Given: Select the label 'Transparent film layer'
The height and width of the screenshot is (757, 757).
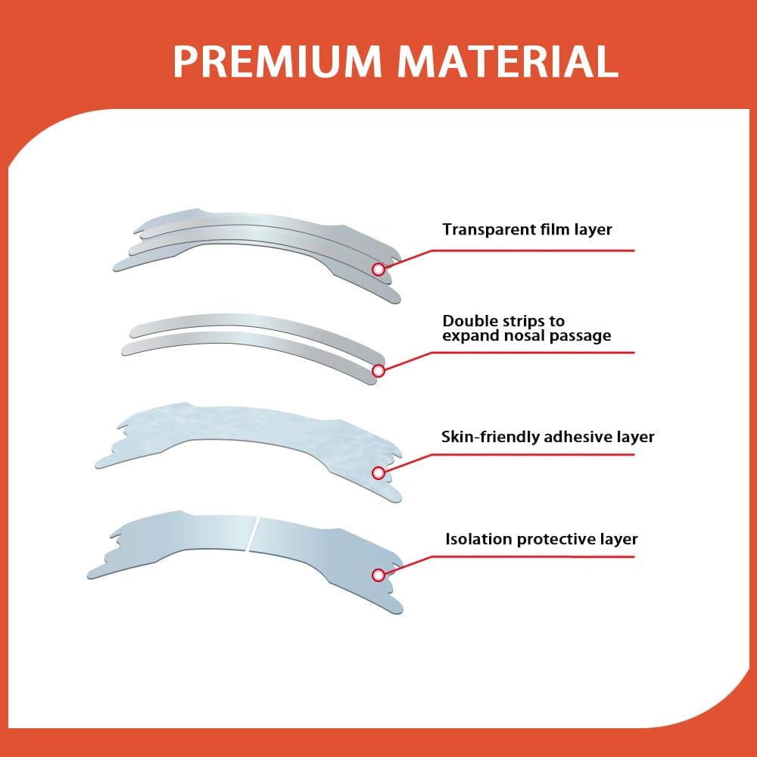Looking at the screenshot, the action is (527, 229).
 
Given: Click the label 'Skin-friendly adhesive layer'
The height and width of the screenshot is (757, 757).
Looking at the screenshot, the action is (547, 437).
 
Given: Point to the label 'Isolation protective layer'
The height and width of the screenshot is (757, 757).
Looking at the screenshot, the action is (541, 540).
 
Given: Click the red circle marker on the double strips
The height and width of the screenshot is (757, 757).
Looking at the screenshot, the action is (378, 371).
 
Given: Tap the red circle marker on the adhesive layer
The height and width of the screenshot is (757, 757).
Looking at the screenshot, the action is (378, 473).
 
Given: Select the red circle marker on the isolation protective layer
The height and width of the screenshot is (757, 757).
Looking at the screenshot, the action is (378, 576).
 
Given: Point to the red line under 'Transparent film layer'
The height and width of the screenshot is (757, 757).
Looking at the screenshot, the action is (530, 250).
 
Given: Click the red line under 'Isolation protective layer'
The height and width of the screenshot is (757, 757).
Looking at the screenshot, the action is (530, 557).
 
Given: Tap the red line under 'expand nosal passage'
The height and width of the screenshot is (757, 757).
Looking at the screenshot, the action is (530, 352).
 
